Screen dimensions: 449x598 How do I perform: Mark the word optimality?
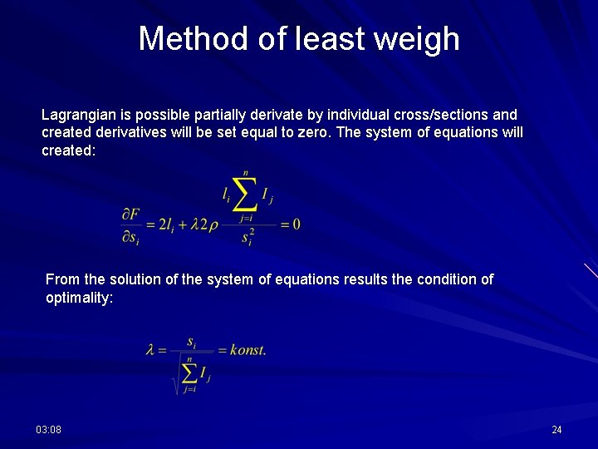(79, 298)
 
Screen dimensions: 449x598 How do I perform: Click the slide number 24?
(556, 429)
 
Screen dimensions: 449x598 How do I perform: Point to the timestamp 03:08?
(48, 429)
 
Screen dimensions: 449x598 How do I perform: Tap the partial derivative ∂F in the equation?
(130, 215)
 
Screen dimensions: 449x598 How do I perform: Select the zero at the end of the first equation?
(296, 224)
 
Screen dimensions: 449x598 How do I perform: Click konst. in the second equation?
(248, 350)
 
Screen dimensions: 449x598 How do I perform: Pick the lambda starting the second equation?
(150, 350)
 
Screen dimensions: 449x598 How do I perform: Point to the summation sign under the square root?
(189, 373)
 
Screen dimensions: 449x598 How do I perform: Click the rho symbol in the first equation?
(213, 225)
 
